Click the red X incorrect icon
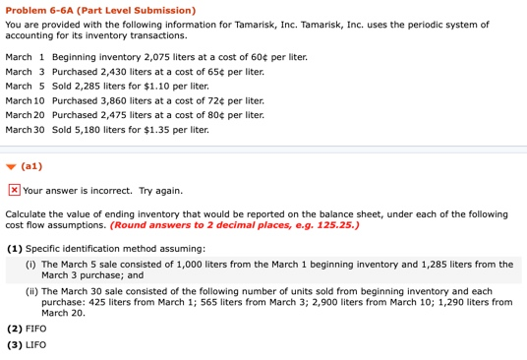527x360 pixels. tap(14, 191)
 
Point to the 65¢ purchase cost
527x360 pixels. tap(216, 72)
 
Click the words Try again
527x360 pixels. tap(160, 191)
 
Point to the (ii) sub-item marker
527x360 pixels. tap(30, 291)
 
